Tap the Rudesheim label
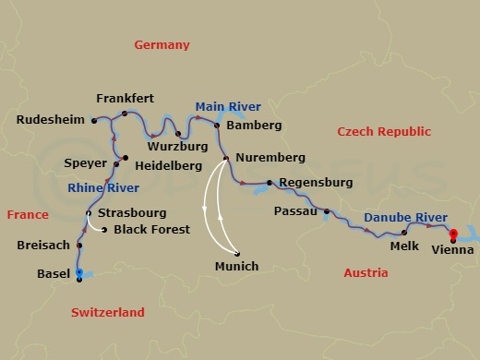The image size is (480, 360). (50, 119)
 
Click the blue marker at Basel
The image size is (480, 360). (79, 272)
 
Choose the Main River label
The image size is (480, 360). (222, 107)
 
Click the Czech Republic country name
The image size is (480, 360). (378, 131)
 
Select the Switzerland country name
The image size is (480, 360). (108, 313)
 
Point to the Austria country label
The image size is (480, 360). (366, 273)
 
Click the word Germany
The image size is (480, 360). (162, 44)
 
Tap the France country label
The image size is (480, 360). (28, 215)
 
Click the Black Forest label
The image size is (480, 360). (150, 229)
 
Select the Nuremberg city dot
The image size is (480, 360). (226, 158)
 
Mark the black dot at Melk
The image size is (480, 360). (404, 233)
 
